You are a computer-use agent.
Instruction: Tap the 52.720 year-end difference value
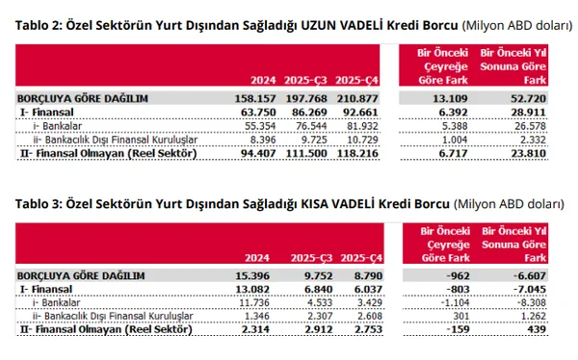[528, 97]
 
